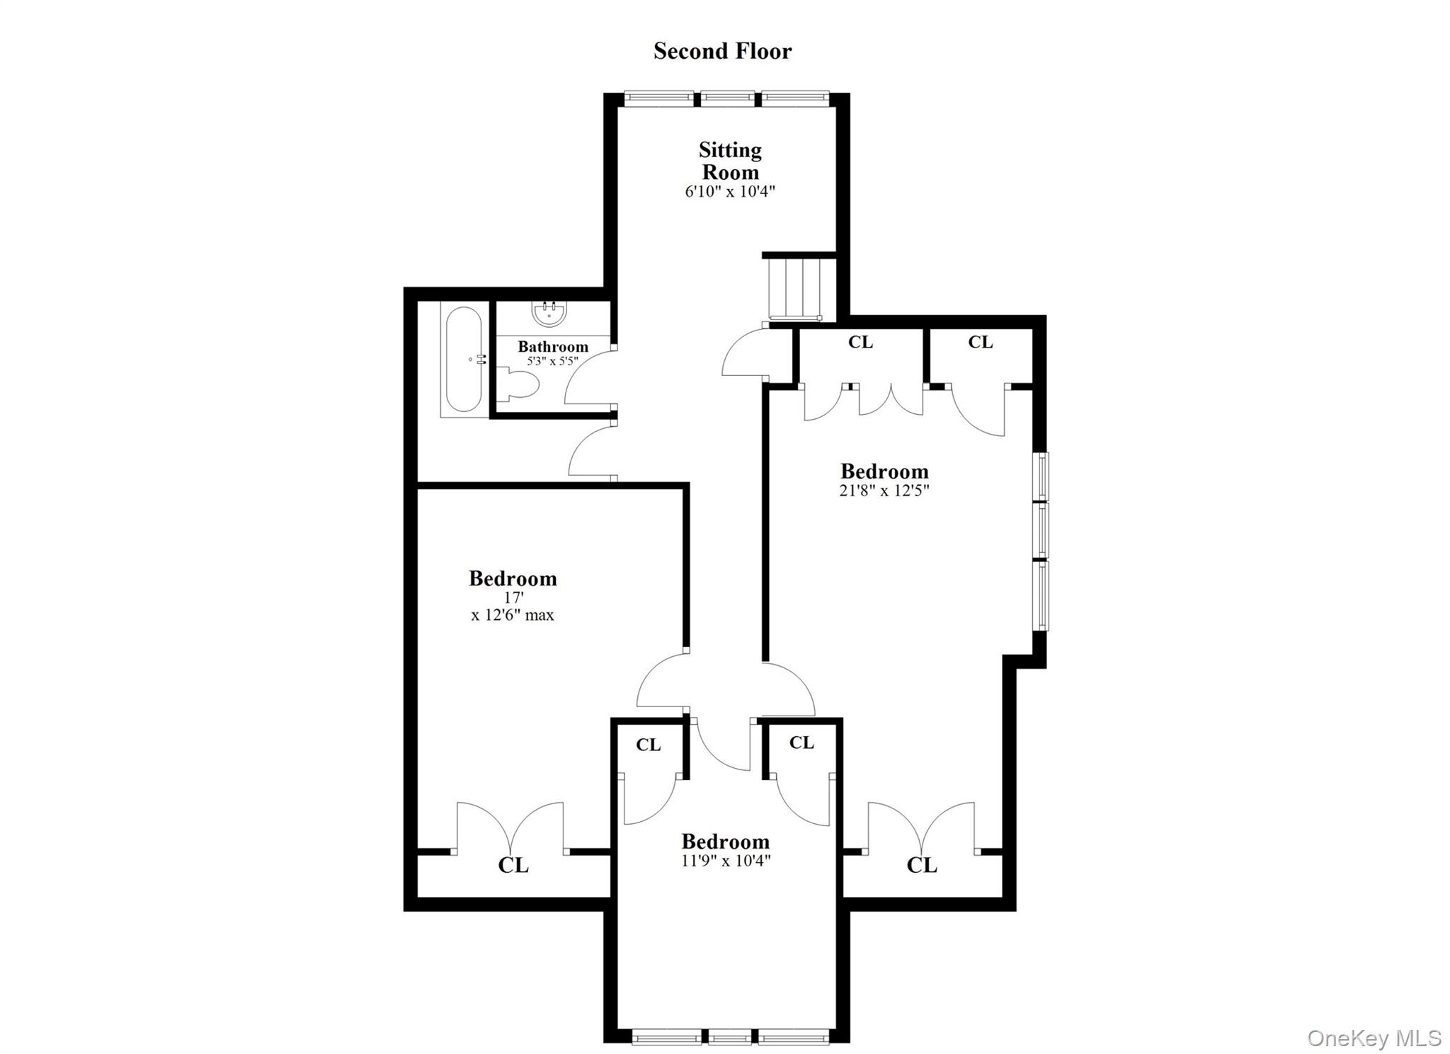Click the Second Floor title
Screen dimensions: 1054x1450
(x=722, y=51)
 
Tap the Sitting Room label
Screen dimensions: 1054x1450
(x=730, y=161)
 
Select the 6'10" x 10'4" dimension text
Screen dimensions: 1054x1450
(x=730, y=191)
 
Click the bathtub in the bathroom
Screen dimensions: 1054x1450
(x=464, y=359)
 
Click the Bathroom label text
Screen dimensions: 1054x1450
(x=552, y=347)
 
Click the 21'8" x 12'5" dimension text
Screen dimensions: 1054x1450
(x=884, y=490)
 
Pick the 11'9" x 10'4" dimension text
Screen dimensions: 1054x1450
(x=725, y=861)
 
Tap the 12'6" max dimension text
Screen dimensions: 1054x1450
(x=513, y=615)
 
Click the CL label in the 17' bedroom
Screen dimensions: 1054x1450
(x=513, y=865)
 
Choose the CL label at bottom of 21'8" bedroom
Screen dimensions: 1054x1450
(x=921, y=865)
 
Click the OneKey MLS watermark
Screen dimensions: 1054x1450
(x=1374, y=1038)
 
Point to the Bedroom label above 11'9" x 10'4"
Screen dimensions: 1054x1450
(x=725, y=842)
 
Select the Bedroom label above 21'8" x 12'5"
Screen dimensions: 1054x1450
(x=884, y=471)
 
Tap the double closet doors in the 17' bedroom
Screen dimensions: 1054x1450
(x=510, y=828)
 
